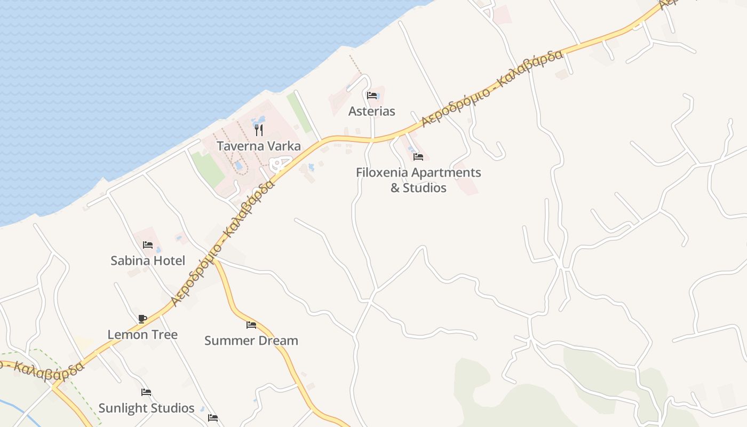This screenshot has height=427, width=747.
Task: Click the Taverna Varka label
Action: point(259,146)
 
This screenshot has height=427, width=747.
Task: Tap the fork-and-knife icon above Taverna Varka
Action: point(259,130)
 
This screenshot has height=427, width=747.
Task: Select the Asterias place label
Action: point(372,111)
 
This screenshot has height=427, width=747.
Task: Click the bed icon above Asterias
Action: point(372,96)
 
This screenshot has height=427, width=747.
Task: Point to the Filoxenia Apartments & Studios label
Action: point(418,180)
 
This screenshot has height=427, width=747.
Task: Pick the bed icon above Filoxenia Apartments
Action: point(418,157)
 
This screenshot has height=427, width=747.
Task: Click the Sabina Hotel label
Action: point(148,260)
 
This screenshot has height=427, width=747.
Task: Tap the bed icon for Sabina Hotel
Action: point(148,245)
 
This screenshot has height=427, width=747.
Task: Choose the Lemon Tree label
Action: point(142,335)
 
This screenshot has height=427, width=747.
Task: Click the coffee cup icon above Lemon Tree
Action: point(142,319)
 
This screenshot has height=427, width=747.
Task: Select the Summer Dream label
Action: point(251,341)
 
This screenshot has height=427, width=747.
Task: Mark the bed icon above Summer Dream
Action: point(251,325)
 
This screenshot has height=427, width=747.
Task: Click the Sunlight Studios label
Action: point(146,408)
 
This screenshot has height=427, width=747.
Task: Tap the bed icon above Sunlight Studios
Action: point(146,392)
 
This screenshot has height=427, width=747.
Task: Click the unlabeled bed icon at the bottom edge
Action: point(213,418)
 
